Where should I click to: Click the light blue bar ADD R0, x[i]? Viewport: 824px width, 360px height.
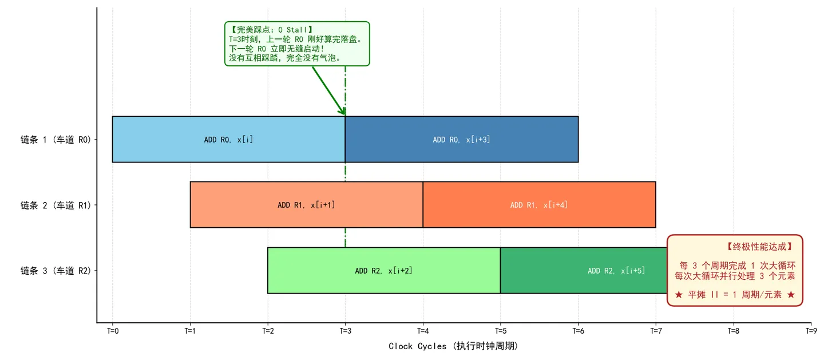pos(228,140)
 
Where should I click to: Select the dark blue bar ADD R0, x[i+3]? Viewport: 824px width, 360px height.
pos(462,140)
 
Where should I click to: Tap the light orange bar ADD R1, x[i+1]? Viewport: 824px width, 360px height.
pos(307,205)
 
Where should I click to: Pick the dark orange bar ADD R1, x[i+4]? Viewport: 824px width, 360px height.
pos(539,205)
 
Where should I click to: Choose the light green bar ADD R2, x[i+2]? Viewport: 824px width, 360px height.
pos(383,271)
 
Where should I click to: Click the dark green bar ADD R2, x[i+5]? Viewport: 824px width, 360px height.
pos(584,271)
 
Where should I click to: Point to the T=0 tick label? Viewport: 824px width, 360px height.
pos(113,331)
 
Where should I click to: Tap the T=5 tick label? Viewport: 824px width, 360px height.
pos(501,331)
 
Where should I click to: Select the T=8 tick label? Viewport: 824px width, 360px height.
pos(734,331)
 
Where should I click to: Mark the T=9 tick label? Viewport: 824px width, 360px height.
pos(811,331)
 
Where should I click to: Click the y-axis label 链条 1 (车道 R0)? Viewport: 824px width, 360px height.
pos(56,140)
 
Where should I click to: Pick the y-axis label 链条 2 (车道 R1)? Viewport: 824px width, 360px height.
pos(56,205)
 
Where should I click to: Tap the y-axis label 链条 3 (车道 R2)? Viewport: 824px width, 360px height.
pos(56,271)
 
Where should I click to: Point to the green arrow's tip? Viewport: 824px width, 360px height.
pos(344,115)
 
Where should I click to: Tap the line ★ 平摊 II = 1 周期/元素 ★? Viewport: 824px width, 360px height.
pos(735,295)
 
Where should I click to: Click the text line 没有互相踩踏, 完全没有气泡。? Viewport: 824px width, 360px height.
pos(286,58)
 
